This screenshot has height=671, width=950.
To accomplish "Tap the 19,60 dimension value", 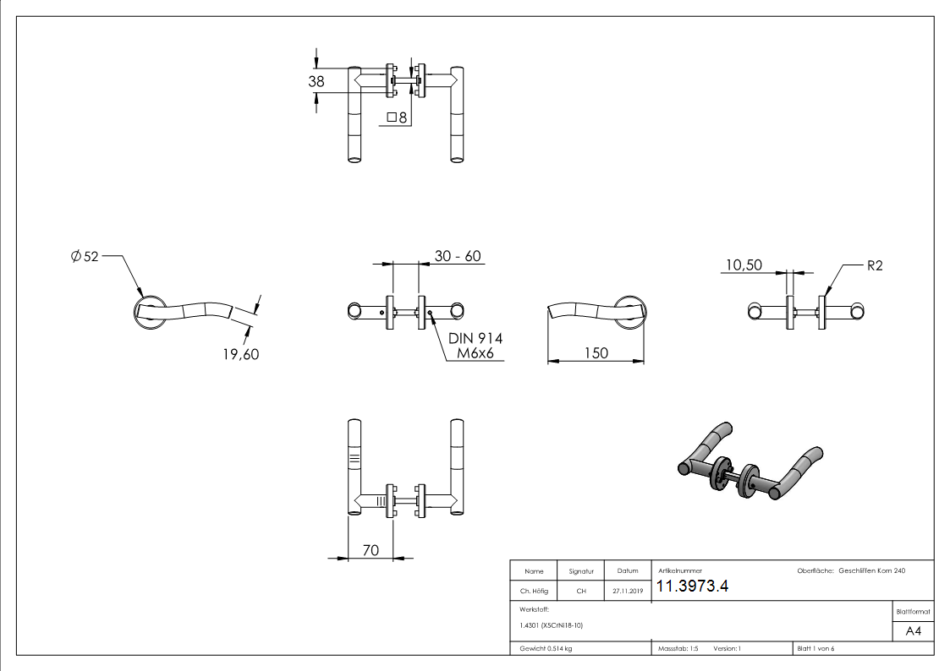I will [239, 354].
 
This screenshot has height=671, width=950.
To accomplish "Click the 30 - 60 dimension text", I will [459, 256].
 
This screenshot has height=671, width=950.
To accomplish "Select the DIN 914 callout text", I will [475, 338].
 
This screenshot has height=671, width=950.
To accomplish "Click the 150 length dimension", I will [596, 352].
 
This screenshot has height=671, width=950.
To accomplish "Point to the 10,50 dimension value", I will [743, 265].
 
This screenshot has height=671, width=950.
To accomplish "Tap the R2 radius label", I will [875, 265].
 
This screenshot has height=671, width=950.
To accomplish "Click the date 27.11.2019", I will [627, 592].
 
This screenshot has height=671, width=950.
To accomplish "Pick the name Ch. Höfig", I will [534, 592].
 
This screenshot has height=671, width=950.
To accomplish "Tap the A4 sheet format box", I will [913, 631].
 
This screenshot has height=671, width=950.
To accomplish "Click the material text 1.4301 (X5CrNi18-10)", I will [552, 625].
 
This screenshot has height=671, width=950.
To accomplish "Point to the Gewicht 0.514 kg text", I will [546, 649].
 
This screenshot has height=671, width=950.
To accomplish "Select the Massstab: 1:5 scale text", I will [678, 649].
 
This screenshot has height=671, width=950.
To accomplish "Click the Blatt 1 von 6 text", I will [815, 649].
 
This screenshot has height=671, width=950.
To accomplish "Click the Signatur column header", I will [581, 571].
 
